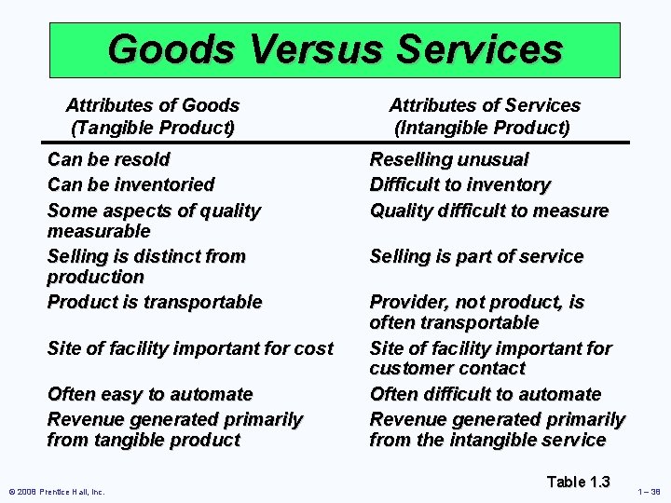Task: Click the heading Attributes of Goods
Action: click(x=153, y=106)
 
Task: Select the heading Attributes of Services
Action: click(x=484, y=106)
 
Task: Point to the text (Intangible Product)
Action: click(x=482, y=128)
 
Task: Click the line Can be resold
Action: click(x=108, y=160)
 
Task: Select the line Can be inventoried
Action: click(x=130, y=185)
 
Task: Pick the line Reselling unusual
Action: click(x=449, y=160)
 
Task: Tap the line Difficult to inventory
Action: click(x=459, y=185)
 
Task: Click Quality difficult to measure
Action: click(x=488, y=211)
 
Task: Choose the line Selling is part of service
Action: click(x=476, y=256)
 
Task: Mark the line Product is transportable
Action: click(x=155, y=302)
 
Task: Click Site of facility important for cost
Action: click(x=190, y=349)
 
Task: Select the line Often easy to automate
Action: click(x=150, y=395)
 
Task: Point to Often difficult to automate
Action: click(x=485, y=395)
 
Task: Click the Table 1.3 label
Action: click(x=578, y=482)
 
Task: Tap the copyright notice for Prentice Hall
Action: click(x=57, y=492)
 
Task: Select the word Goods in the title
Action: click(x=160, y=48)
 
